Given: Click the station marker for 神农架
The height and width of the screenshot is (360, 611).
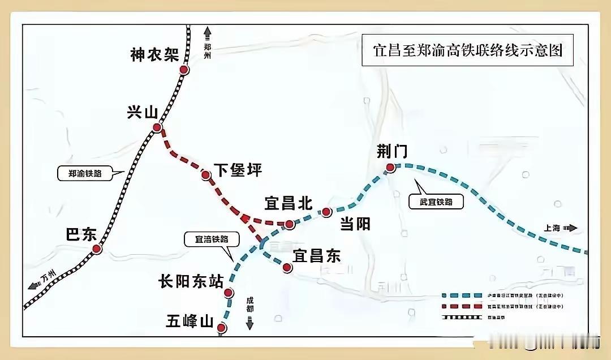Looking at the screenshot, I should [x=184, y=70].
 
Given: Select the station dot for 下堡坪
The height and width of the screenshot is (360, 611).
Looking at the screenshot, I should [x=206, y=175].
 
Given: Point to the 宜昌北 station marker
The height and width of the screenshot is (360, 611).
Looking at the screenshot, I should [x=289, y=225].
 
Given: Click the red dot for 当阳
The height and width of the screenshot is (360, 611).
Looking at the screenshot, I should [x=326, y=212].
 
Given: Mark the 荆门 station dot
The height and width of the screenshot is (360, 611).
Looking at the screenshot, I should [x=390, y=167].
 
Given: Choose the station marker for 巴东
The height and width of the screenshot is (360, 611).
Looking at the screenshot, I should [x=97, y=248].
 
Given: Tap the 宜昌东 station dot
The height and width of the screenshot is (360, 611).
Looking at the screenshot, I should [x=287, y=268].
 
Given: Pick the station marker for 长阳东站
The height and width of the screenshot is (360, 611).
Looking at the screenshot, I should [x=229, y=293].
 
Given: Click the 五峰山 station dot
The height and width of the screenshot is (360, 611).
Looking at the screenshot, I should [x=222, y=328].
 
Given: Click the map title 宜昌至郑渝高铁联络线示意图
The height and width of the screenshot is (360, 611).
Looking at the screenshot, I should [x=467, y=50].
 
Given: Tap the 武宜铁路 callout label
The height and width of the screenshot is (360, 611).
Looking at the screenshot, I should [x=436, y=202].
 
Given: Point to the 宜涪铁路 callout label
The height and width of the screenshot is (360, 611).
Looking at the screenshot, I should [x=207, y=239].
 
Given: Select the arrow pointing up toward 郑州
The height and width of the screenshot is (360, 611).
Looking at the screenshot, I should [x=207, y=32].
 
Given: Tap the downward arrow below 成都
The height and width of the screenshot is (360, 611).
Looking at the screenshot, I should [x=250, y=324].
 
